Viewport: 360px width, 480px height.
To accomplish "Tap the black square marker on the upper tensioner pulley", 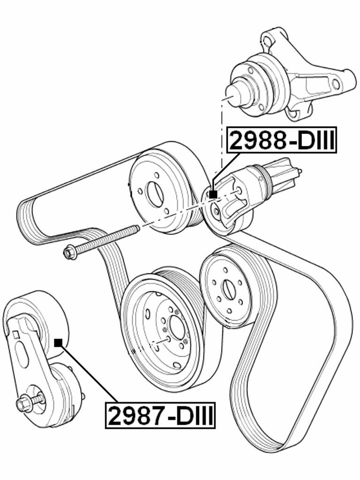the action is click(x=213, y=194).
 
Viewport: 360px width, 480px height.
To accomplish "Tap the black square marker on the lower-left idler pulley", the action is click(x=58, y=343).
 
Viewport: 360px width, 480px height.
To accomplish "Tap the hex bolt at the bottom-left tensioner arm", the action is click(x=23, y=404).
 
